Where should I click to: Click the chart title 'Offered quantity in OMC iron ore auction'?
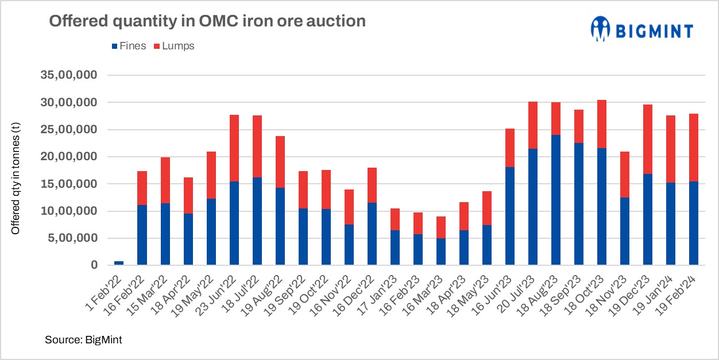coord(207,21)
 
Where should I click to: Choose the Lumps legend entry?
coord(175,47)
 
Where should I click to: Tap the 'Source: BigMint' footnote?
coord(83,340)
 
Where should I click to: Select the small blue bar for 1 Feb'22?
coord(119,263)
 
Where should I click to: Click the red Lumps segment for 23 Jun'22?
coord(234,148)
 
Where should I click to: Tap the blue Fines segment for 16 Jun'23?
coord(510,216)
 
